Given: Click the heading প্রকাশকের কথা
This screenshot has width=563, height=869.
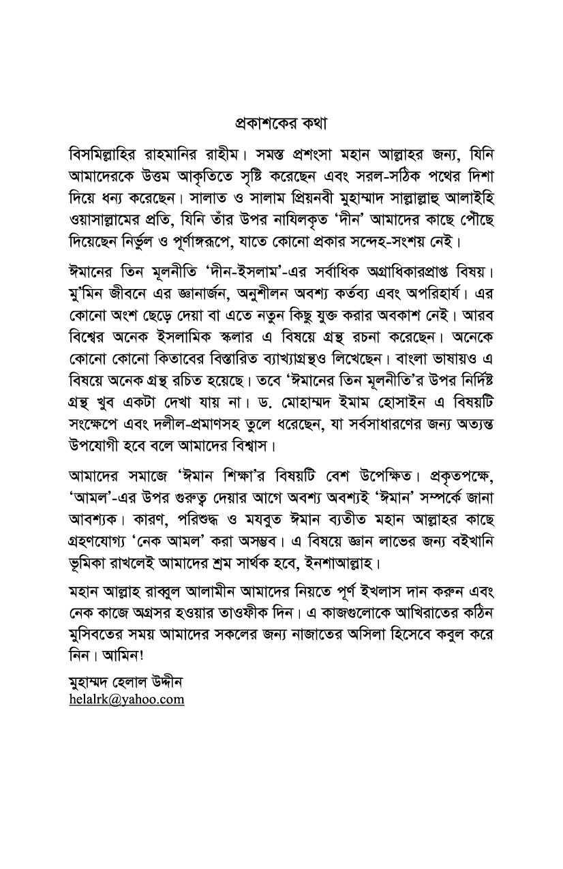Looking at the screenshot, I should [x=281, y=125].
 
